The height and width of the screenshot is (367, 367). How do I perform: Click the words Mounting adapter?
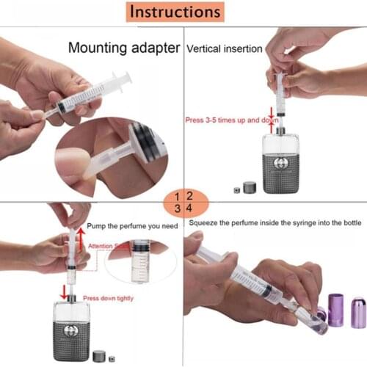[x=124, y=48]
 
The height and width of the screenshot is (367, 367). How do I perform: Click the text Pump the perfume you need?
[x=132, y=226]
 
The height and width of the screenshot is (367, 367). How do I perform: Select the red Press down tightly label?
[x=109, y=298]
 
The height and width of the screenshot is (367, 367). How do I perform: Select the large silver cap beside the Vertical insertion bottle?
[x=250, y=188]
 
